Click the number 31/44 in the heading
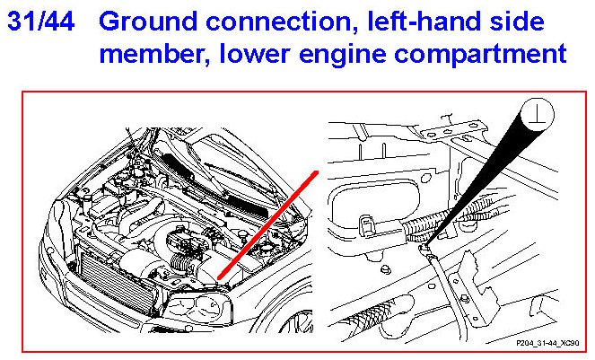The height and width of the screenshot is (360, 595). point(41,22)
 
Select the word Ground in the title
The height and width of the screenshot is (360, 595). point(148,22)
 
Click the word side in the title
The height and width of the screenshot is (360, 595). point(517,22)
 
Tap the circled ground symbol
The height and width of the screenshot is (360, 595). point(538,115)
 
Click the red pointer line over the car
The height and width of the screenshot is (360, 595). point(267,225)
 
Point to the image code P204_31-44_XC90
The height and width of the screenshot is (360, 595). point(547,343)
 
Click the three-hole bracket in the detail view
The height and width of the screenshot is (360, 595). point(454,129)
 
